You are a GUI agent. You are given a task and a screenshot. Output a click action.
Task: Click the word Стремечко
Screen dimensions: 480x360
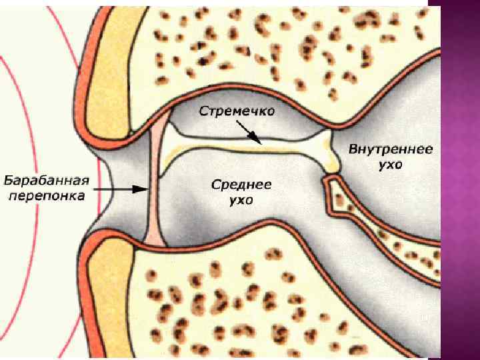(x=237, y=111)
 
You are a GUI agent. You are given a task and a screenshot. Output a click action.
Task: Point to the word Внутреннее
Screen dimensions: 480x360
(x=391, y=149)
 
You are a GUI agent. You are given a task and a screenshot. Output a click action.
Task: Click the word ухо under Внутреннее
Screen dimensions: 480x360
(x=390, y=164)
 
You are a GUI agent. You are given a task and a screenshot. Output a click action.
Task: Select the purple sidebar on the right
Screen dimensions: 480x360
(x=460, y=180)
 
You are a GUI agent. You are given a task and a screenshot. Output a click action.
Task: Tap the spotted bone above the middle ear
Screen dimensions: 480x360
(x=280, y=53)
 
